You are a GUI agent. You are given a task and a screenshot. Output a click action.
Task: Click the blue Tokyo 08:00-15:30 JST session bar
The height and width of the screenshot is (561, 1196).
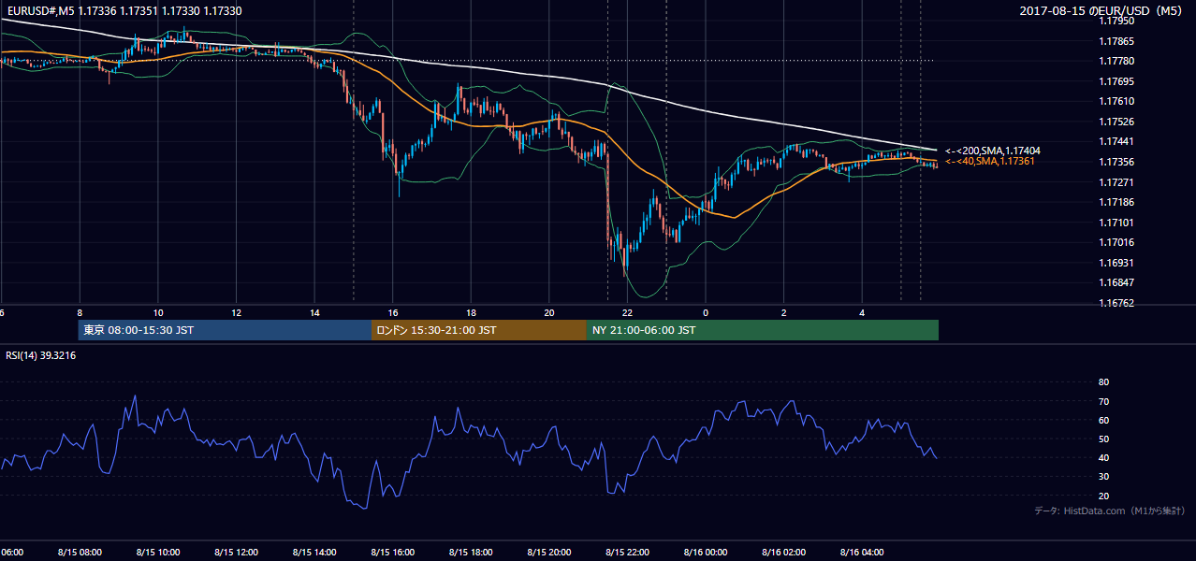point(225,330)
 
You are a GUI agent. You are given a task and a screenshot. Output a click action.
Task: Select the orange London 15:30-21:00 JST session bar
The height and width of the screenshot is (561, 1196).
point(479,330)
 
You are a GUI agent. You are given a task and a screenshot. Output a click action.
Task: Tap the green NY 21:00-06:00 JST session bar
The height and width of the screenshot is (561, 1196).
point(763,330)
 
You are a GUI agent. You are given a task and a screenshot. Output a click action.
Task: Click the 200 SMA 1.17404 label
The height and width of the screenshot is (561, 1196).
point(993,151)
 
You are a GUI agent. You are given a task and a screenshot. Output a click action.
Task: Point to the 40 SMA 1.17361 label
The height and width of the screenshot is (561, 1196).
point(990,161)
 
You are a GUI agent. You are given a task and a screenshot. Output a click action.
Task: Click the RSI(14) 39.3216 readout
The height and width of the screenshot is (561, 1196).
point(40,355)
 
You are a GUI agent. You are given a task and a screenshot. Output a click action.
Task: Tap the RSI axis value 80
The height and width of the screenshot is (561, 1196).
point(1103,381)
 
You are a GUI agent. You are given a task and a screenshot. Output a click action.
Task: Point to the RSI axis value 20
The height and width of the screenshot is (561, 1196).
point(1103,496)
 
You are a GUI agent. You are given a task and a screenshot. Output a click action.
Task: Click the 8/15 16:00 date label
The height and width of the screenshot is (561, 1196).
point(392,553)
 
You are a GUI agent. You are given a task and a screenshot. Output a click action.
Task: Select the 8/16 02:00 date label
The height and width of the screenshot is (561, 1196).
point(784,553)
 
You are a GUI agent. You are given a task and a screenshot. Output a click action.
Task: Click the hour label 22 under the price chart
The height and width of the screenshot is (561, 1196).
point(627,313)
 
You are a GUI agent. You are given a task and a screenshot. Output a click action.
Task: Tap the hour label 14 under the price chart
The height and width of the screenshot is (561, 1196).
point(314,313)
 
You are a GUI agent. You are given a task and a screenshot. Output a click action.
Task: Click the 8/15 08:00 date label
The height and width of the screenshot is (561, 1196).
point(80,553)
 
